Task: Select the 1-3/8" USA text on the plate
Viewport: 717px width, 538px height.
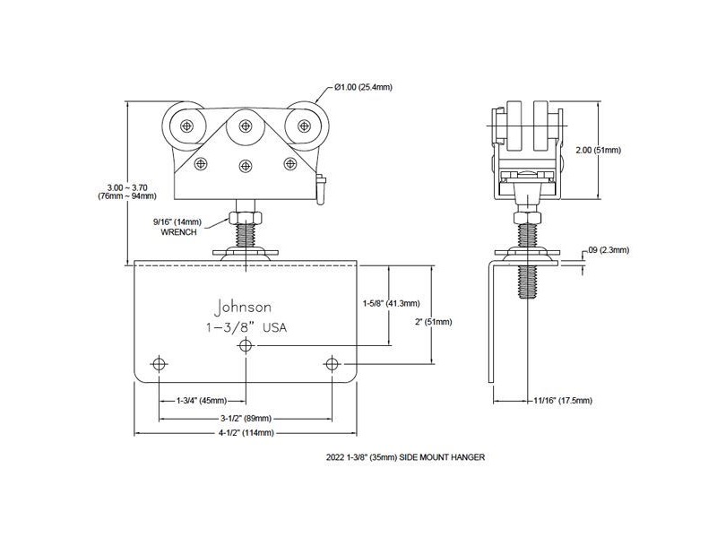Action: (246, 328)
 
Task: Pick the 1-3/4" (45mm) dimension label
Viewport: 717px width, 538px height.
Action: (202, 400)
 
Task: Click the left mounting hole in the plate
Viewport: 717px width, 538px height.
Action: (160, 364)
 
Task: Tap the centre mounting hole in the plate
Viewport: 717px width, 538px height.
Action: (246, 346)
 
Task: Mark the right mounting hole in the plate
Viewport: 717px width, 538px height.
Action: (333, 364)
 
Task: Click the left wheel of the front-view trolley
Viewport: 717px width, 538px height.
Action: (186, 126)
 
